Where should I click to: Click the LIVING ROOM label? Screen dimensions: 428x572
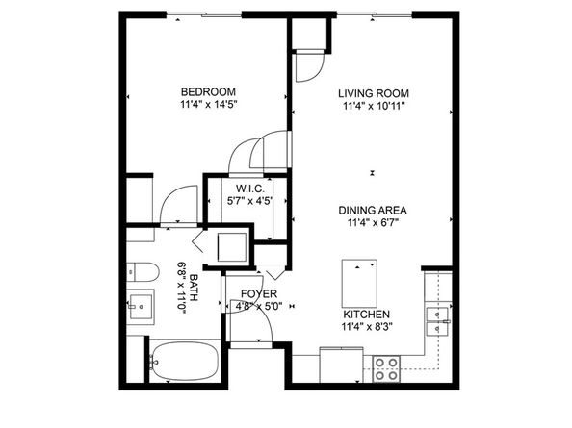[374, 93]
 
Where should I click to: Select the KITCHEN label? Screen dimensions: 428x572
[367, 314]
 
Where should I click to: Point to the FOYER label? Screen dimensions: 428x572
[257, 293]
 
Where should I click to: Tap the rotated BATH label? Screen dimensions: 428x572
[194, 288]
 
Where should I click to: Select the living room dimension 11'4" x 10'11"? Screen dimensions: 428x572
[374, 106]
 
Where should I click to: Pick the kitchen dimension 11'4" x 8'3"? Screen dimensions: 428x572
[367, 327]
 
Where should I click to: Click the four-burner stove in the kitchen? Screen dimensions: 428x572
[386, 367]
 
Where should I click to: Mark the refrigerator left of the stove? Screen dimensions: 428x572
[343, 366]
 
